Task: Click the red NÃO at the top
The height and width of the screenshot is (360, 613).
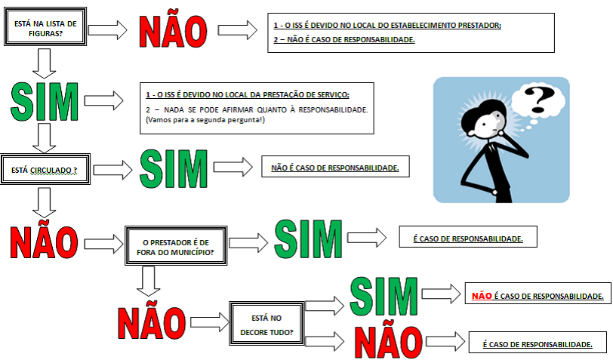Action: (172, 29)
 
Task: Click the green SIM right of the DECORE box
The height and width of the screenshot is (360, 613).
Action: (384, 297)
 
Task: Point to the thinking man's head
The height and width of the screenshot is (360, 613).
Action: (488, 120)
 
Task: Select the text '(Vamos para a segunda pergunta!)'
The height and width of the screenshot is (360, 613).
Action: (204, 122)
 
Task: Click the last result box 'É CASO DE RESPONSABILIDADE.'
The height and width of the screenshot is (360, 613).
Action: (537, 343)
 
